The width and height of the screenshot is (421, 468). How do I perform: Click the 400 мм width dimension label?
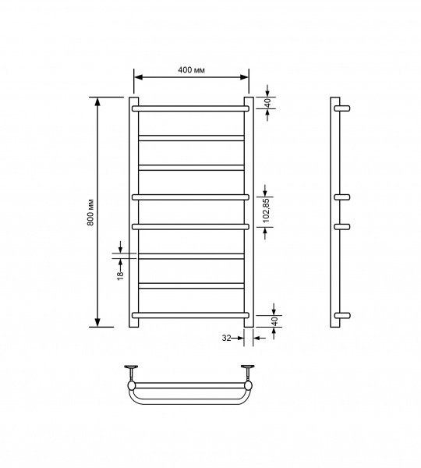click(191, 70)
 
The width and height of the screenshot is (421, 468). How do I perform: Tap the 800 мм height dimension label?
click(90, 212)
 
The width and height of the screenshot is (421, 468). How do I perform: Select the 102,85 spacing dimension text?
click(266, 210)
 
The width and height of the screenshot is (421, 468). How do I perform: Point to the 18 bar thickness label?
click(120, 276)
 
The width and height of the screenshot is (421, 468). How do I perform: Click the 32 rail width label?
click(226, 338)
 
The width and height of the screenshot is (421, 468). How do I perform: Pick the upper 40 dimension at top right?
click(267, 103)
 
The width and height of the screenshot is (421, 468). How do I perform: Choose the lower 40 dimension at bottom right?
click(275, 321)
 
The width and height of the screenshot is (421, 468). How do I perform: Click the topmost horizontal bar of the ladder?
click(190, 108)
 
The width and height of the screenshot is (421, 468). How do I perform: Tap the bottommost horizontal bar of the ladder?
click(190, 315)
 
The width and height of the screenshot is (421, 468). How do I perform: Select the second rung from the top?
click(191, 138)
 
